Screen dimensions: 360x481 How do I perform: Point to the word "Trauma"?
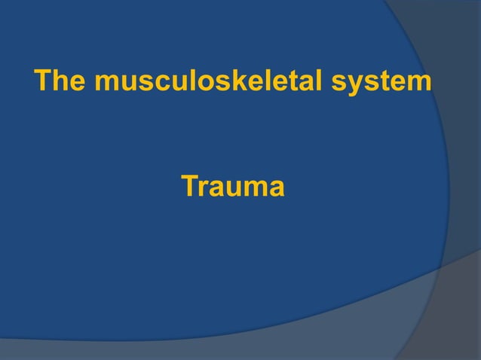click(233, 187)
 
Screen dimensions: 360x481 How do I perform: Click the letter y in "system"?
click(366, 84)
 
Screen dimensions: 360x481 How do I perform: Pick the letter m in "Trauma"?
click(256, 188)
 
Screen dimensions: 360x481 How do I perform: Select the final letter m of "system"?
click(421, 82)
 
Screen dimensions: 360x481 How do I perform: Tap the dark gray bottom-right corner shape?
click(452, 324)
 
